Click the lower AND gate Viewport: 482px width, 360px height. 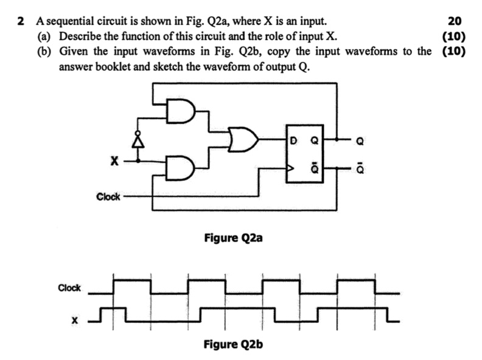[181, 168]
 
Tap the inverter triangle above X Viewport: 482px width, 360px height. [139, 140]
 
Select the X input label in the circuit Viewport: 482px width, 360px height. [113, 162]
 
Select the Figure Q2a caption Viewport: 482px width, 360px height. [233, 238]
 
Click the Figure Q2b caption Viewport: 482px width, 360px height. [233, 344]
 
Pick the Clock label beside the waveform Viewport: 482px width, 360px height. [69, 288]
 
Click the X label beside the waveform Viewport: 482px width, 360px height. [75, 319]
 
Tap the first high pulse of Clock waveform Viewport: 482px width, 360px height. [131, 280]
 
